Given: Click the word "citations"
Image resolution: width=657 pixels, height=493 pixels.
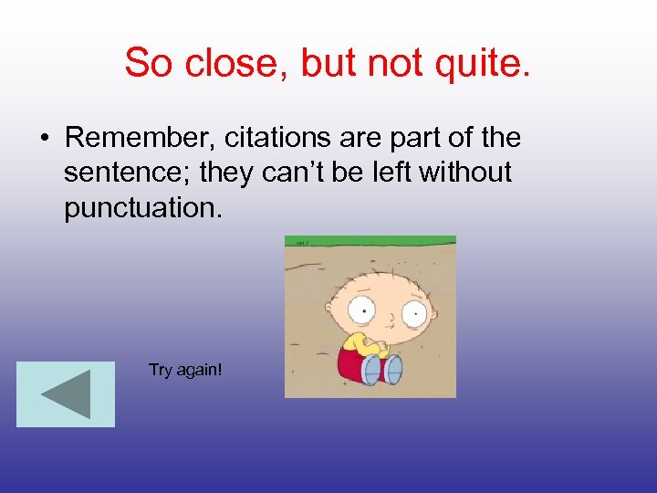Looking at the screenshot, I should point(271,138).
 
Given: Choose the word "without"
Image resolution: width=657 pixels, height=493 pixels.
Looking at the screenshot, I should point(464,173).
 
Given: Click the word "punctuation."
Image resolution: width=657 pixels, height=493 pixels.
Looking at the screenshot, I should point(142,207).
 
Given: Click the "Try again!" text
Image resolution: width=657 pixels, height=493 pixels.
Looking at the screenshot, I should point(185,370).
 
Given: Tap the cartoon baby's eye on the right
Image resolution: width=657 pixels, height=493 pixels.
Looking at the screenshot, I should point(412,315).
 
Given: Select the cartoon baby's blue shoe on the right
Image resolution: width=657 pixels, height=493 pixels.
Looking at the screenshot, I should point(392,370).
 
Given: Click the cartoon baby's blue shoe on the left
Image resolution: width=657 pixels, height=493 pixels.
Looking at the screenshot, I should point(370,370).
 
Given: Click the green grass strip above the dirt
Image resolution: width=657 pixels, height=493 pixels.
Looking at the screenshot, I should point(370,241).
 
